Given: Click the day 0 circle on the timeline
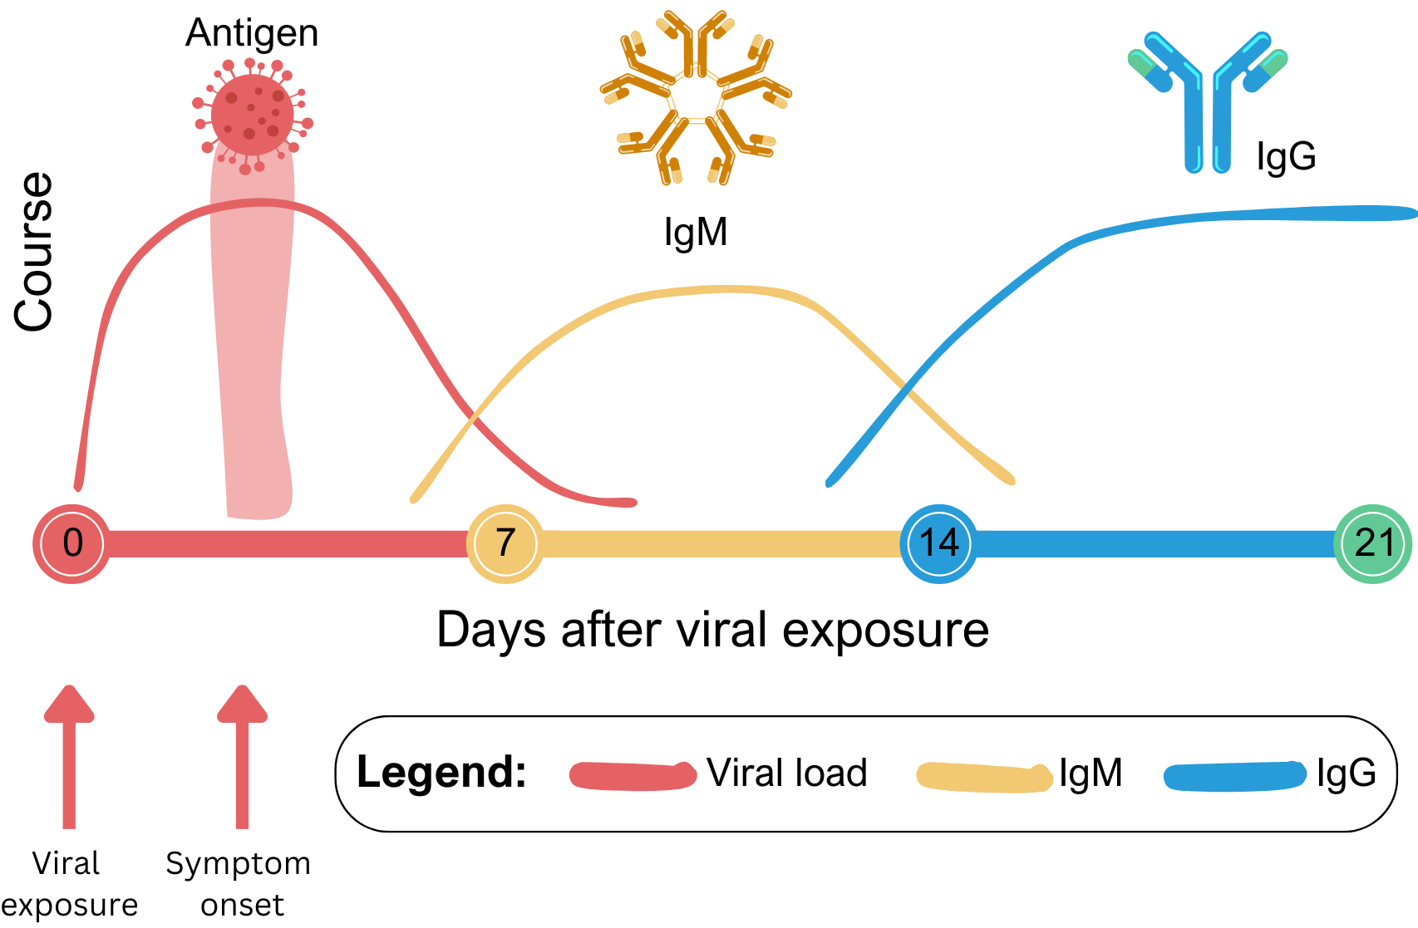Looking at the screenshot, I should click(72, 543).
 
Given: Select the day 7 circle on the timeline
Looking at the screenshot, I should click(505, 543).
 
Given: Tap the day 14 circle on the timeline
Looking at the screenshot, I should click(939, 543).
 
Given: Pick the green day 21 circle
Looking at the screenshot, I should click(1373, 543).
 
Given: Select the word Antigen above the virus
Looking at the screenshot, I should click(252, 33).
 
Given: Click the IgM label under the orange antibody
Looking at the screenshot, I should click(696, 233).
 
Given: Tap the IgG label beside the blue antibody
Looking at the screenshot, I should click(1286, 156).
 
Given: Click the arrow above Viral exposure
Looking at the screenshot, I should click(69, 756).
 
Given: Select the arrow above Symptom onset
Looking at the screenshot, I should click(242, 756).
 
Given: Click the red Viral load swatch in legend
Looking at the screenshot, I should click(633, 775).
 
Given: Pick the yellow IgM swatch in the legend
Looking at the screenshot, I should click(983, 777).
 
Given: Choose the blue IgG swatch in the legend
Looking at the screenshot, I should click(1235, 776).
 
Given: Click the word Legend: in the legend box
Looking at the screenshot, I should click(441, 773).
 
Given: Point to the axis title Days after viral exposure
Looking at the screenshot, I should click(712, 630).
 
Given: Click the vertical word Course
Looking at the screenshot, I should click(34, 252).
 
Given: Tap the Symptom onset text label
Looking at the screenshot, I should click(239, 884).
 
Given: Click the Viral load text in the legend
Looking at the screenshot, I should click(786, 773).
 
